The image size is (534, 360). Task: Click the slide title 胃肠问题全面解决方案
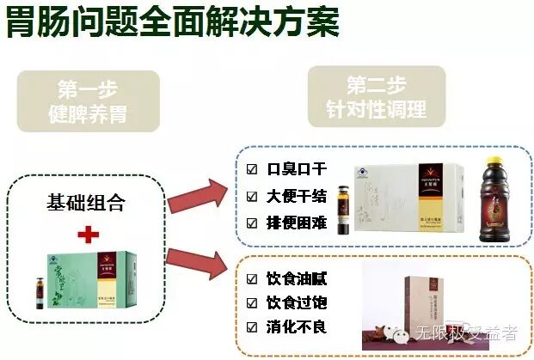click(172, 23)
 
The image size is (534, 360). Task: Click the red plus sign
click(89, 235)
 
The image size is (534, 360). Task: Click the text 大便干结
click(297, 196)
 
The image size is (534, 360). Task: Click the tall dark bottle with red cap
click(496, 195)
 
